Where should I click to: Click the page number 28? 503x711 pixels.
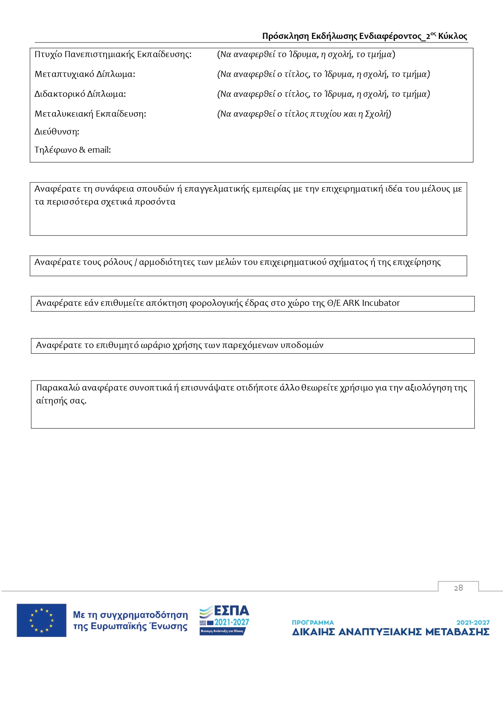pos(458,588)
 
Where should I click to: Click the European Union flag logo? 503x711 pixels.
pos(41,620)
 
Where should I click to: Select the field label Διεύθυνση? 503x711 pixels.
pos(57,132)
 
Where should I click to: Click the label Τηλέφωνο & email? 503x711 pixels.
pos(73,150)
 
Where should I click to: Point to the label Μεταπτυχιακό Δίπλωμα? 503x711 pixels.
pos(85,74)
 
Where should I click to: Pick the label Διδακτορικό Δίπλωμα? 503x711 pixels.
pos(80,94)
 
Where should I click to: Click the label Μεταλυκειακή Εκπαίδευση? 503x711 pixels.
pos(90,114)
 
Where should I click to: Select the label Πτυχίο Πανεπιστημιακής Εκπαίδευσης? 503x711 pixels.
pos(113,54)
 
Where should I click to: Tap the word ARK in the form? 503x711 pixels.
pos(351,303)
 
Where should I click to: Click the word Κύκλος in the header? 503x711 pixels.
pos(452,36)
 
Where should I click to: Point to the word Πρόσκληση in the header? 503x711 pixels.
pos(285,36)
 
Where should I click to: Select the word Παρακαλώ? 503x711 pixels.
pos(58,388)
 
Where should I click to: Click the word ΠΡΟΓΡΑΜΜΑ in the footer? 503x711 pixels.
pos(313,622)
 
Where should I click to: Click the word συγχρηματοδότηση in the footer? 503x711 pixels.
pos(144,615)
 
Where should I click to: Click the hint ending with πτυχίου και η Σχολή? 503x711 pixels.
pos(304,114)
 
